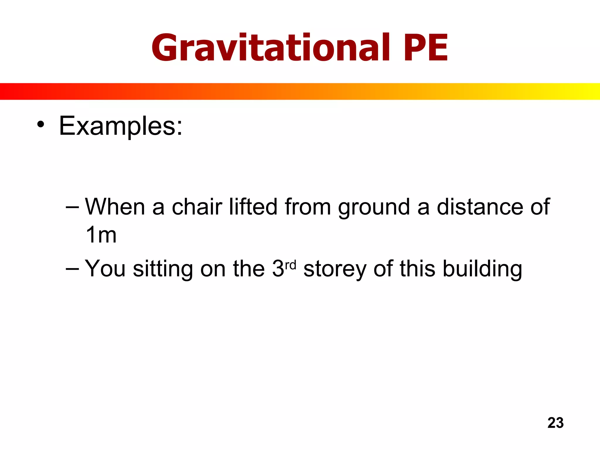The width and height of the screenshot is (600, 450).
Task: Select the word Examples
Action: coord(120,126)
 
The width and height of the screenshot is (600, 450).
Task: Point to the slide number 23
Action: coord(555,423)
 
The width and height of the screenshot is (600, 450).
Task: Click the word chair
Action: coord(197,207)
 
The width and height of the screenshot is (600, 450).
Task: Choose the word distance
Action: coord(480,207)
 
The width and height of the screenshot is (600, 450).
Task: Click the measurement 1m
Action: coord(101,235)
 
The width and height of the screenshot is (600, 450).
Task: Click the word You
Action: coord(105,269)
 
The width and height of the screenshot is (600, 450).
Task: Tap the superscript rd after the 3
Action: coord(291,265)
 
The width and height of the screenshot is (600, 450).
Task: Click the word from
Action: coord(308,207)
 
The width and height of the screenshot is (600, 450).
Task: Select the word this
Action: coord(417,269)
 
